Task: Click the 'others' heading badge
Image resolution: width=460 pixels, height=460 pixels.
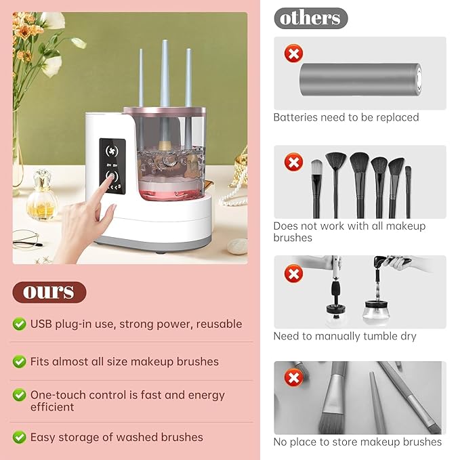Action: pyautogui.click(x=311, y=18)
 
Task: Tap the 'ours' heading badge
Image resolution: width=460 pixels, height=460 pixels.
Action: pyautogui.click(x=49, y=292)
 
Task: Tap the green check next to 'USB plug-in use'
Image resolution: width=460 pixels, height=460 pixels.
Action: pyautogui.click(x=20, y=324)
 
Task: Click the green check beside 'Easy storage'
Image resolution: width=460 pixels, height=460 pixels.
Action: pyautogui.click(x=20, y=437)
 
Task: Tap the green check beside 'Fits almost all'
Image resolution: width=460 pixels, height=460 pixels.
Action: pyautogui.click(x=20, y=362)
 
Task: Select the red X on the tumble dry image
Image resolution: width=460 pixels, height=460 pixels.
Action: pyautogui.click(x=293, y=273)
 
